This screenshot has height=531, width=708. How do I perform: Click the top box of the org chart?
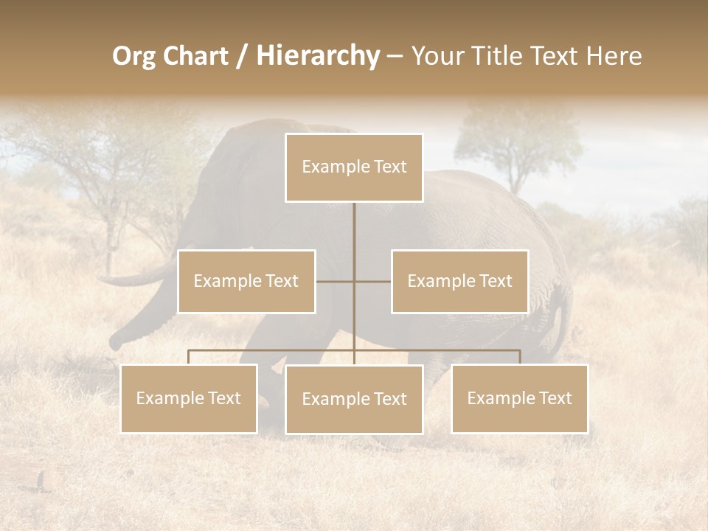pyautogui.click(x=354, y=167)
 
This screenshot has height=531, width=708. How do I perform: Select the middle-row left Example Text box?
pyautogui.click(x=246, y=282)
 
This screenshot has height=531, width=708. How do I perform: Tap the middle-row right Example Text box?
pyautogui.click(x=459, y=282)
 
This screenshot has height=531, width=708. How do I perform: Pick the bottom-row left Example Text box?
pyautogui.click(x=189, y=399)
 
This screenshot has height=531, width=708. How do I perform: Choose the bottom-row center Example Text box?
pyautogui.click(x=354, y=400)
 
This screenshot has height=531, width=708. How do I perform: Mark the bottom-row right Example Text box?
pyautogui.click(x=520, y=399)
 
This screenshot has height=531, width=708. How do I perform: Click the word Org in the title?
pyautogui.click(x=133, y=56)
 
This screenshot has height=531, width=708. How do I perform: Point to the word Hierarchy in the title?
pyautogui.click(x=318, y=56)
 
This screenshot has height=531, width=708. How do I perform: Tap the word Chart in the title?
pyautogui.click(x=195, y=56)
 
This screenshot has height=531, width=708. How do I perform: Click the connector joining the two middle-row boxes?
pyautogui.click(x=353, y=282)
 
